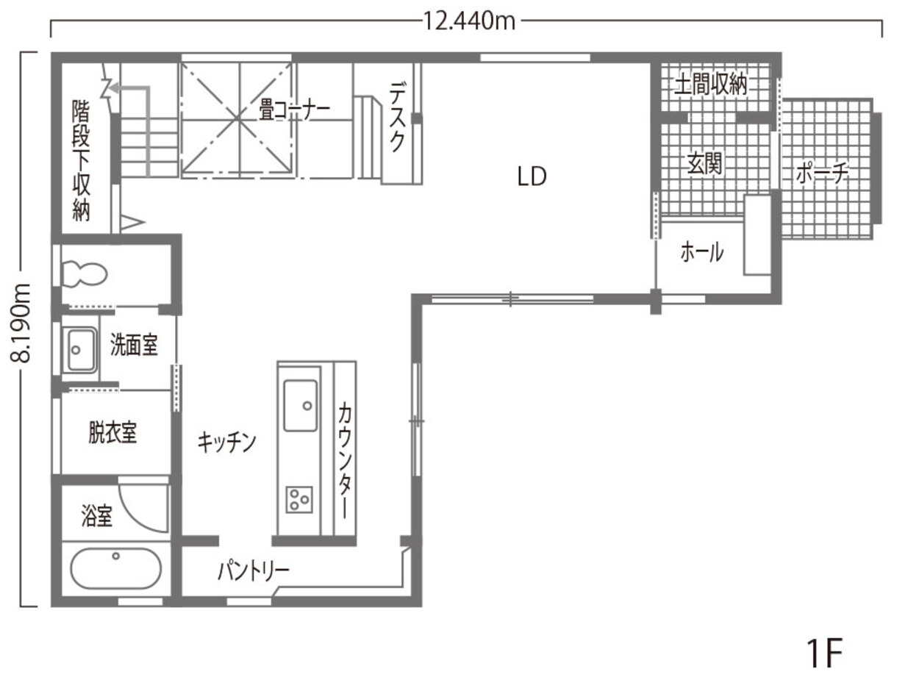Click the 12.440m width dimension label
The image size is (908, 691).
coord(468,21)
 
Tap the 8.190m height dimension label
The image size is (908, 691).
coord(22,323)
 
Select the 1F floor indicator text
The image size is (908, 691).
coord(823,653)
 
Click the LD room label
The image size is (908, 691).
coord(532,176)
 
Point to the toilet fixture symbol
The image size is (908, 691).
coord(83,275)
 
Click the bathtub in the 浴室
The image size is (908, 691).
coord(115,568)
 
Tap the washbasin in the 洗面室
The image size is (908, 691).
coord(79,350)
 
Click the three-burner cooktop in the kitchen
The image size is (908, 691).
coord(299,499)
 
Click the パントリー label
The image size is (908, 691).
coord(253,570)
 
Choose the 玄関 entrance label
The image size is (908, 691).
coord(704,164)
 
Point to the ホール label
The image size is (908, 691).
coord(701,253)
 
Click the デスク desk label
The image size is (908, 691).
coord(397,118)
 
